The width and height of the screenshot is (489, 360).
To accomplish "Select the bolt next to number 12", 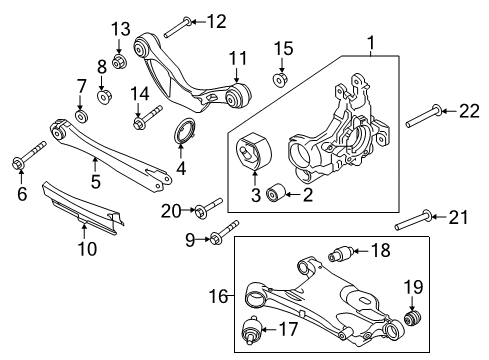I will coord(171,21).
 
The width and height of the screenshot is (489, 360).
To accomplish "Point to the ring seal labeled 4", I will coord(185,131).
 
